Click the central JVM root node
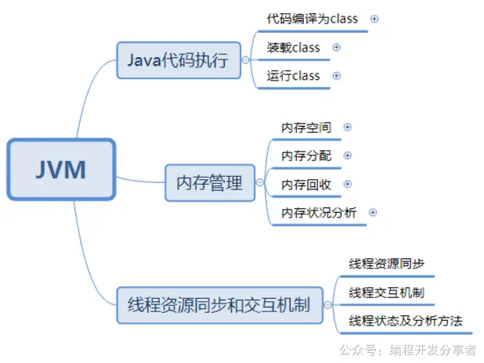(x=61, y=169)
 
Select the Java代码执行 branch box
(x=179, y=59)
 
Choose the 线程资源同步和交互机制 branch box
(x=219, y=304)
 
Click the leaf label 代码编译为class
(x=312, y=18)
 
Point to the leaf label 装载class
(x=294, y=47)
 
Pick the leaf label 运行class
(x=294, y=76)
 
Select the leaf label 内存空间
(x=306, y=127)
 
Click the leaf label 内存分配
(x=306, y=156)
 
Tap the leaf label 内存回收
(x=306, y=184)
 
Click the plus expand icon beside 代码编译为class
(x=374, y=18)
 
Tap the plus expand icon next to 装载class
(x=337, y=47)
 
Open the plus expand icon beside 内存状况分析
(x=373, y=212)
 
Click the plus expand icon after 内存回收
(x=348, y=184)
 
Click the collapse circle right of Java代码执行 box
(x=247, y=60)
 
